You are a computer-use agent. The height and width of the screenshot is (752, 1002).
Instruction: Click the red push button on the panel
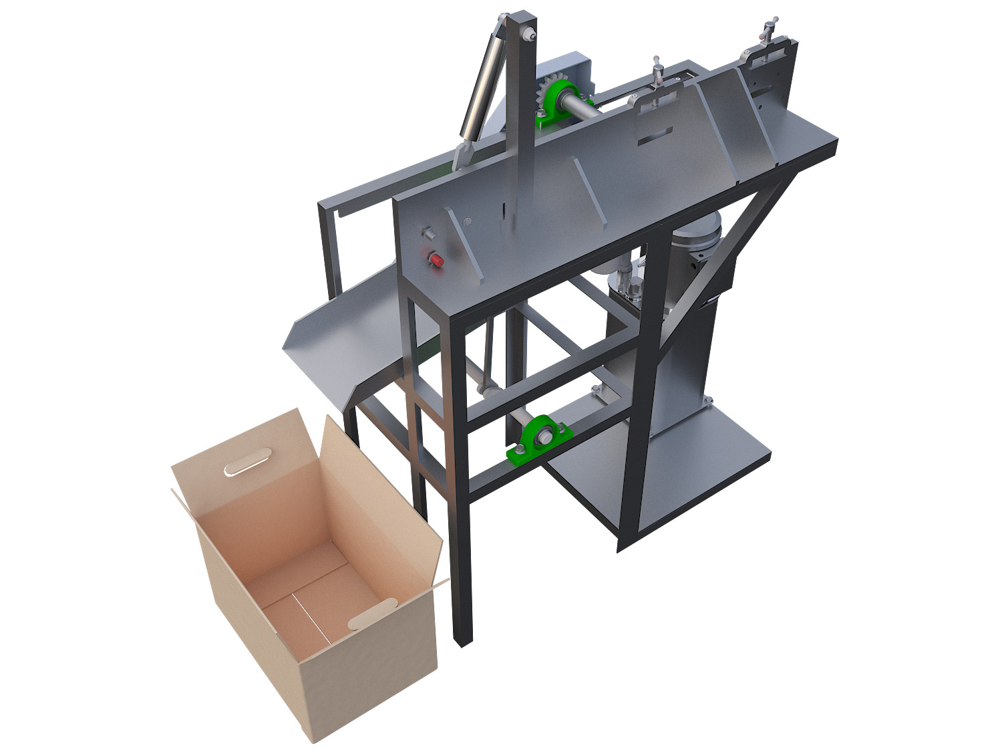click(436, 259)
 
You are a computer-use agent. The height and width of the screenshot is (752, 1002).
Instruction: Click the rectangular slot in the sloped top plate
click(655, 134)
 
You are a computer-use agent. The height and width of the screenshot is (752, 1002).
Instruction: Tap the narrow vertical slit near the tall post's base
click(500, 210)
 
